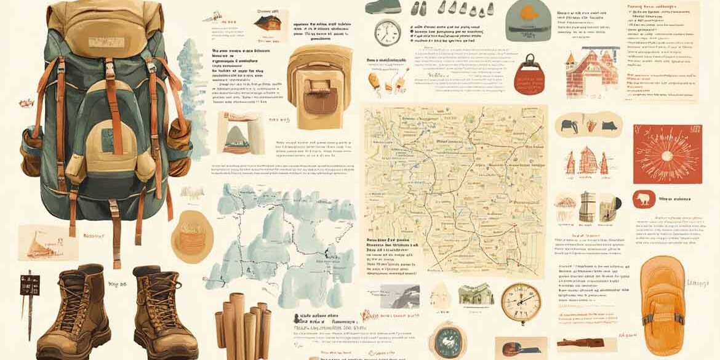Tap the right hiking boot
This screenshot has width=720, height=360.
click(x=157, y=311)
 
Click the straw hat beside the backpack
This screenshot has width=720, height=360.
click(x=192, y=236)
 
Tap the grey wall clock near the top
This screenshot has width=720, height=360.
click(x=388, y=33)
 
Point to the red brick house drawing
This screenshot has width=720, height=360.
click(x=591, y=74)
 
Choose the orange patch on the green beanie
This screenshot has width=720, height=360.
click(x=529, y=12)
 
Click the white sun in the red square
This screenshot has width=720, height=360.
click(x=667, y=153)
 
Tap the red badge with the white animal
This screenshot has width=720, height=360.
click(x=644, y=199)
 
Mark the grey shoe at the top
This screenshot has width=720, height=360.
click(x=383, y=7)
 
